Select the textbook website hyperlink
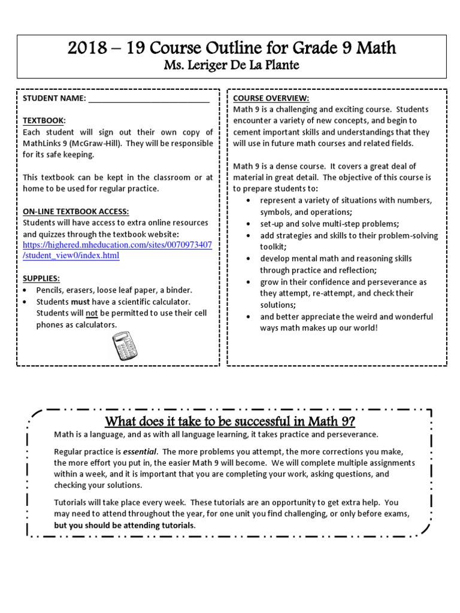(117, 250)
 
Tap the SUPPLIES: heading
(41, 279)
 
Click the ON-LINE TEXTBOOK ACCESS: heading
(75, 211)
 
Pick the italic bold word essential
(141, 451)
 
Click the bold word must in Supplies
(80, 302)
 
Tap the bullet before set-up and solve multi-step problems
(249, 223)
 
